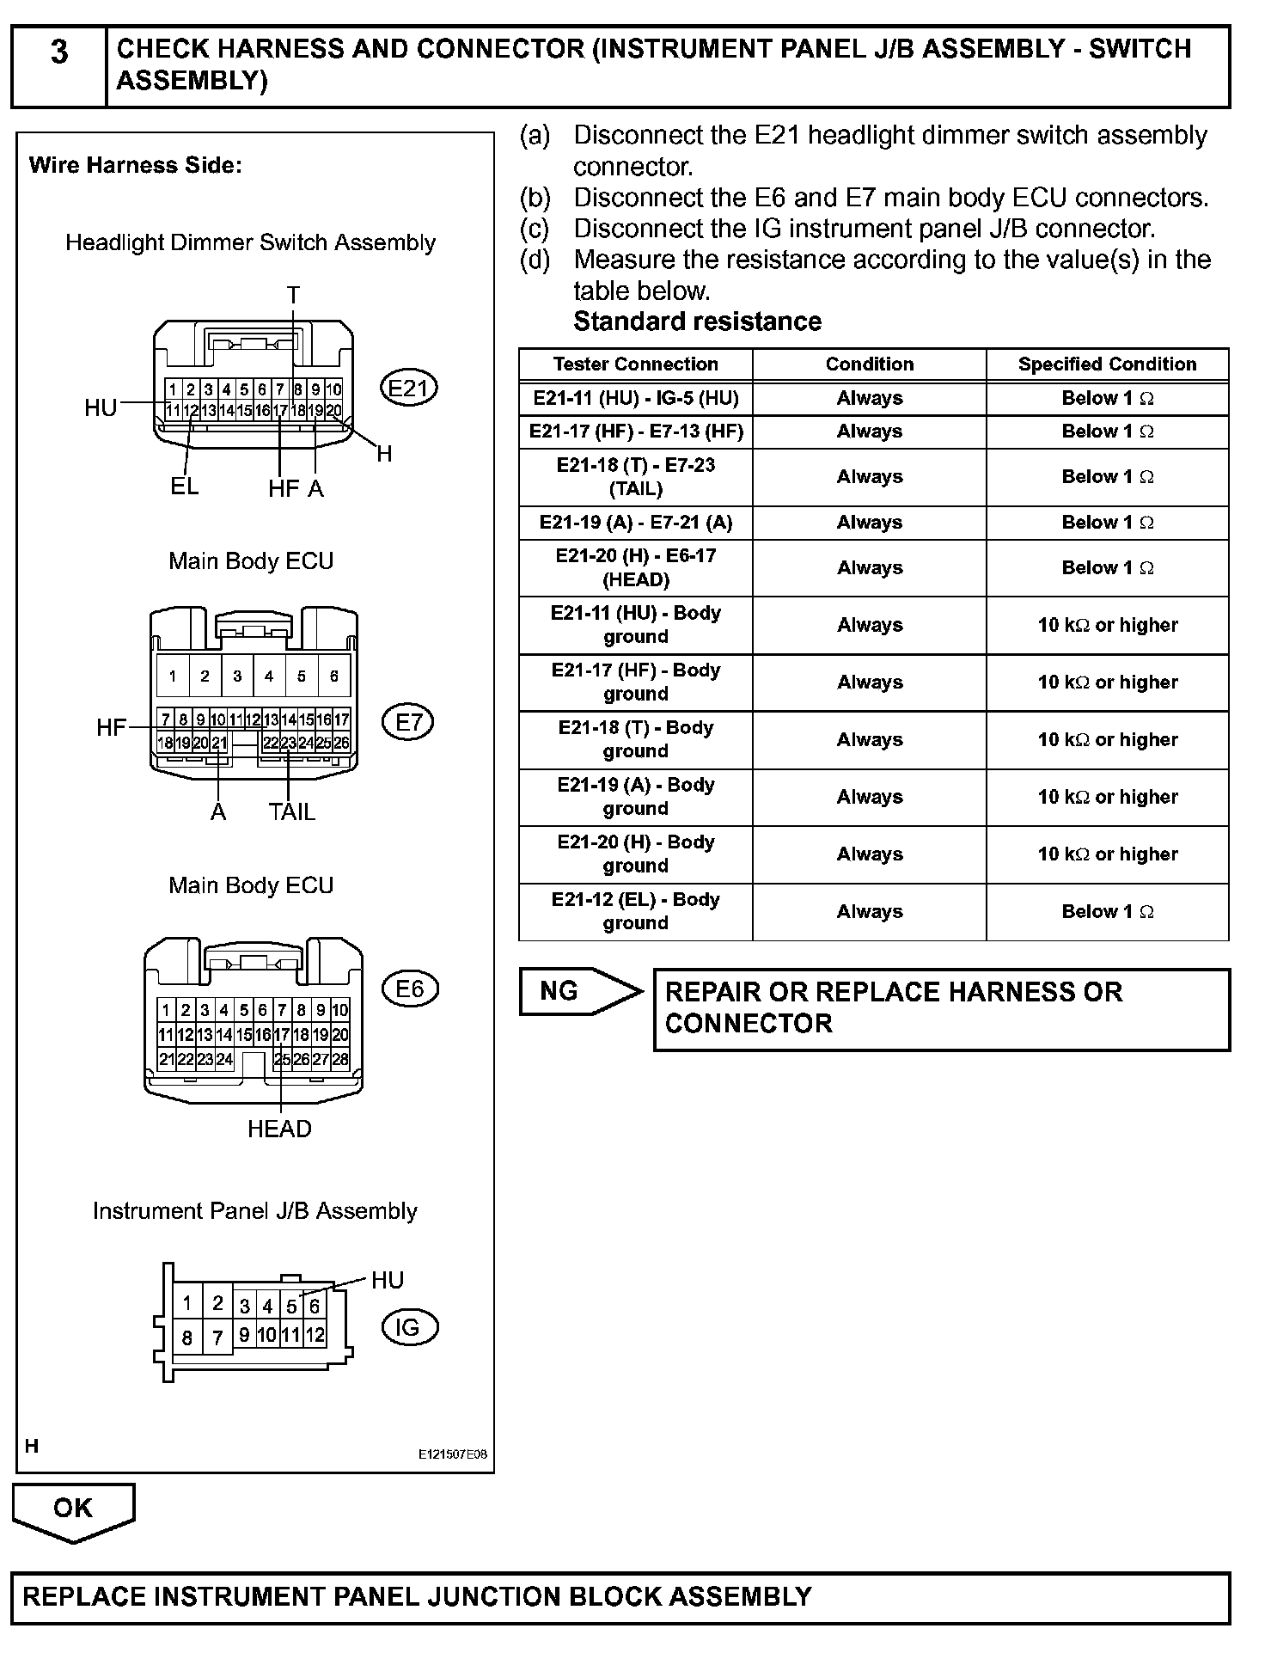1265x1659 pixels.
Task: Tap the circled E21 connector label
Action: (409, 389)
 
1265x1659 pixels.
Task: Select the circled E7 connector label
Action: (409, 722)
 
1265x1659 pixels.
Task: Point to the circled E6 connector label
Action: (410, 989)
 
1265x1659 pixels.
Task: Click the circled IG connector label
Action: (409, 1327)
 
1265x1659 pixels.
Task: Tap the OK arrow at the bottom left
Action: (73, 1510)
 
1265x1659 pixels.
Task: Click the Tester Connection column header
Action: (635, 364)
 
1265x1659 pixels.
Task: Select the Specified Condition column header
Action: (1107, 364)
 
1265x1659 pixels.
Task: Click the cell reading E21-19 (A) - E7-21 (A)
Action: (635, 523)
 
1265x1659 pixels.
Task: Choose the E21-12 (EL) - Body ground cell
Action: (635, 911)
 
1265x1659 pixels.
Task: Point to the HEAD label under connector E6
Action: (279, 1129)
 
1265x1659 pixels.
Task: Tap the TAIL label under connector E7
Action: (291, 811)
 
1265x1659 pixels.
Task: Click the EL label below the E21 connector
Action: (184, 487)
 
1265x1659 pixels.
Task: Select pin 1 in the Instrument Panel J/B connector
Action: (186, 1303)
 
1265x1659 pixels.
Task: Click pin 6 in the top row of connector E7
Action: (334, 676)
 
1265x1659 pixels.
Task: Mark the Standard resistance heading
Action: (697, 321)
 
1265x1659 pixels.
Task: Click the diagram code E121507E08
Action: (452, 1455)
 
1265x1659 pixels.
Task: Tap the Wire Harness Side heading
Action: (136, 165)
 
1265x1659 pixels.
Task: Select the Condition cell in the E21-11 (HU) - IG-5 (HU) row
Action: (869, 398)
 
